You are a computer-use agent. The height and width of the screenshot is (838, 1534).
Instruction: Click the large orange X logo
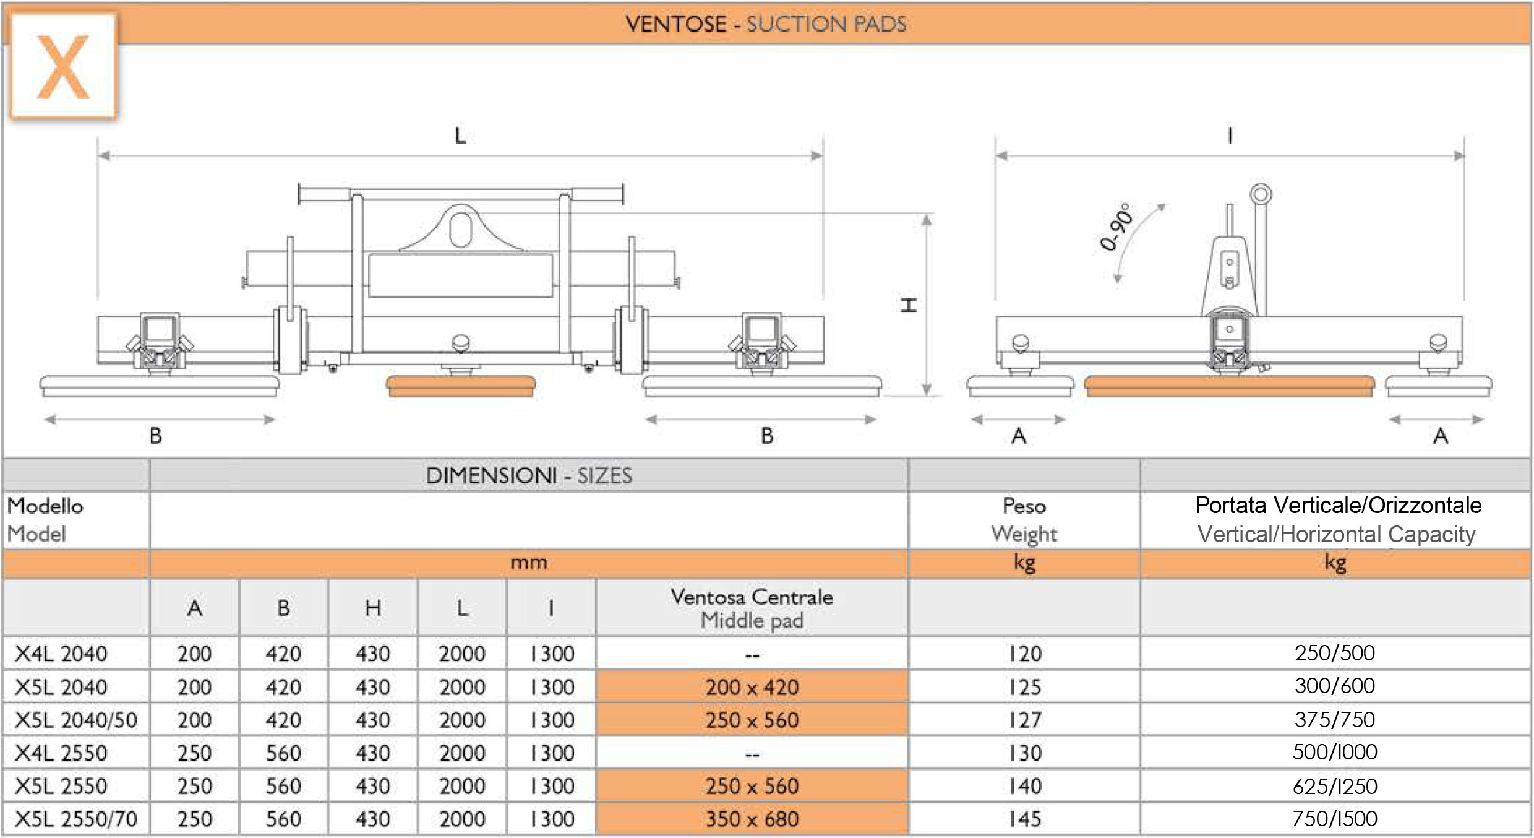pos(63,67)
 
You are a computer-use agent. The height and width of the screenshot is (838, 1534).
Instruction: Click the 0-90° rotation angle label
pos(1117,227)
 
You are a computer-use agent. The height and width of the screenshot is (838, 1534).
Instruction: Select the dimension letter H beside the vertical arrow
pos(908,305)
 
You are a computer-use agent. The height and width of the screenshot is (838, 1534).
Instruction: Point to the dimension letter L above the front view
pos(460,136)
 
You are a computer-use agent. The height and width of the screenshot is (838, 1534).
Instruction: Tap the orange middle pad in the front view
pos(461,386)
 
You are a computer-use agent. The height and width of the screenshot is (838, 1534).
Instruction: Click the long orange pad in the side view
pos(1229,386)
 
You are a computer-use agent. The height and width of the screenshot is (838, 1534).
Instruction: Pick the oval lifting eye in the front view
pos(461,230)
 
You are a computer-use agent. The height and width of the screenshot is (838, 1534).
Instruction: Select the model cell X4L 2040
pos(61,654)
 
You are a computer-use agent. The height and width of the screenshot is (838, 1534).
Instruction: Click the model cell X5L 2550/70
pos(75,819)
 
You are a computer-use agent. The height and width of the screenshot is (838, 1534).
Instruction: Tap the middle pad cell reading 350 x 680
pos(752,819)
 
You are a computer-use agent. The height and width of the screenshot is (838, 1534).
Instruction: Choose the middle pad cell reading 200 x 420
pos(752,686)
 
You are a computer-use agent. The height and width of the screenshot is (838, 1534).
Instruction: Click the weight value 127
pos(1024,720)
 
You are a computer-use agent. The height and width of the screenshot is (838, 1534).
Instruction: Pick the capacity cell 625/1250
pos(1335,786)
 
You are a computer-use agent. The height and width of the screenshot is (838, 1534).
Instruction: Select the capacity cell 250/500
pos(1335,653)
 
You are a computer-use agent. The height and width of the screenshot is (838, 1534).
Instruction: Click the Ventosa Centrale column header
pos(752,608)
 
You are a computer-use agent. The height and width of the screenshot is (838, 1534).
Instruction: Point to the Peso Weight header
pos(1024,520)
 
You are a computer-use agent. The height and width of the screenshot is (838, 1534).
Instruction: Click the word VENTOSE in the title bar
pos(676,24)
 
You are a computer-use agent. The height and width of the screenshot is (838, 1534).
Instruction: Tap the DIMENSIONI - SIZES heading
pos(529,475)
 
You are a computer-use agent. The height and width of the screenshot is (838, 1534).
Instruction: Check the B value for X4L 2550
pos(284,753)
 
